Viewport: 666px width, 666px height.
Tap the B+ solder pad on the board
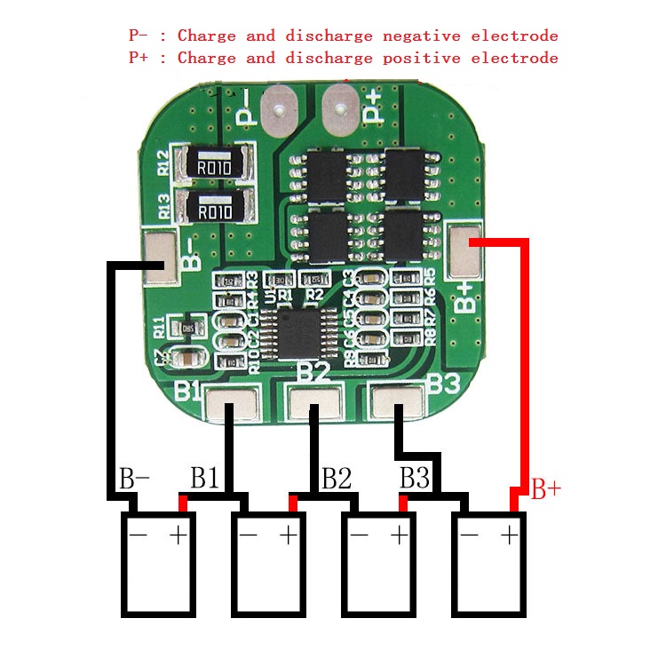pos(464,251)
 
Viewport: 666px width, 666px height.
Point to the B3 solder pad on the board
pos(396,402)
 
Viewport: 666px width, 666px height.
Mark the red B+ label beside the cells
pos(545,489)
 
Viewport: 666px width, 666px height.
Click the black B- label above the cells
pos(134,480)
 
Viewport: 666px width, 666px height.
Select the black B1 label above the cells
pos(205,480)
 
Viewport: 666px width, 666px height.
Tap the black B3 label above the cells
pos(415,480)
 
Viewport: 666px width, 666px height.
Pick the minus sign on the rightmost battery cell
pos(469,535)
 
